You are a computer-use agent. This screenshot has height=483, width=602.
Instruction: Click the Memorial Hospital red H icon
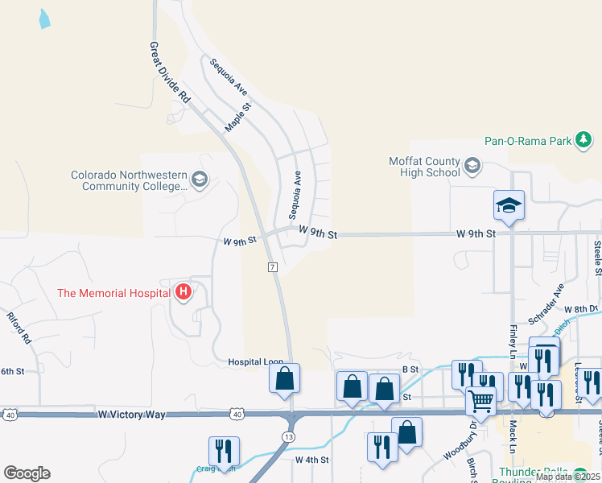click(183, 291)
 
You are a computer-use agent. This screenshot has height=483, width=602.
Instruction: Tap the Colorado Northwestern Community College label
click(129, 180)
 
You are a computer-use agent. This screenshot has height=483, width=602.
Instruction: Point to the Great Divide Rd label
click(170, 72)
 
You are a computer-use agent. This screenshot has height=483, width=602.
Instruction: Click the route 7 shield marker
click(273, 266)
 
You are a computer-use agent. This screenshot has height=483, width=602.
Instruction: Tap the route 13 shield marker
click(287, 436)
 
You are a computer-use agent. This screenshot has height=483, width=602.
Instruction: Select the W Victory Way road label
click(132, 414)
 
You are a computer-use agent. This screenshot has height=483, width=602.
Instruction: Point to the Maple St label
click(238, 116)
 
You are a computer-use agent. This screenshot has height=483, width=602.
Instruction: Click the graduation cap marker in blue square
click(509, 205)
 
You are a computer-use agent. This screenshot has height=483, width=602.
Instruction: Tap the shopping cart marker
click(481, 400)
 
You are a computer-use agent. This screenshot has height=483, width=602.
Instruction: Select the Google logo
click(27, 473)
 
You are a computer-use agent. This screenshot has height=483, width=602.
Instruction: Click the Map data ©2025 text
click(567, 477)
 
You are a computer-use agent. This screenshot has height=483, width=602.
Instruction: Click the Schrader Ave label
click(546, 303)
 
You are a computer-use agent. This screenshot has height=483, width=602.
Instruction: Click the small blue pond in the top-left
click(43, 19)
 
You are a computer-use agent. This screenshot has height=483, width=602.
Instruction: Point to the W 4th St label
click(313, 460)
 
